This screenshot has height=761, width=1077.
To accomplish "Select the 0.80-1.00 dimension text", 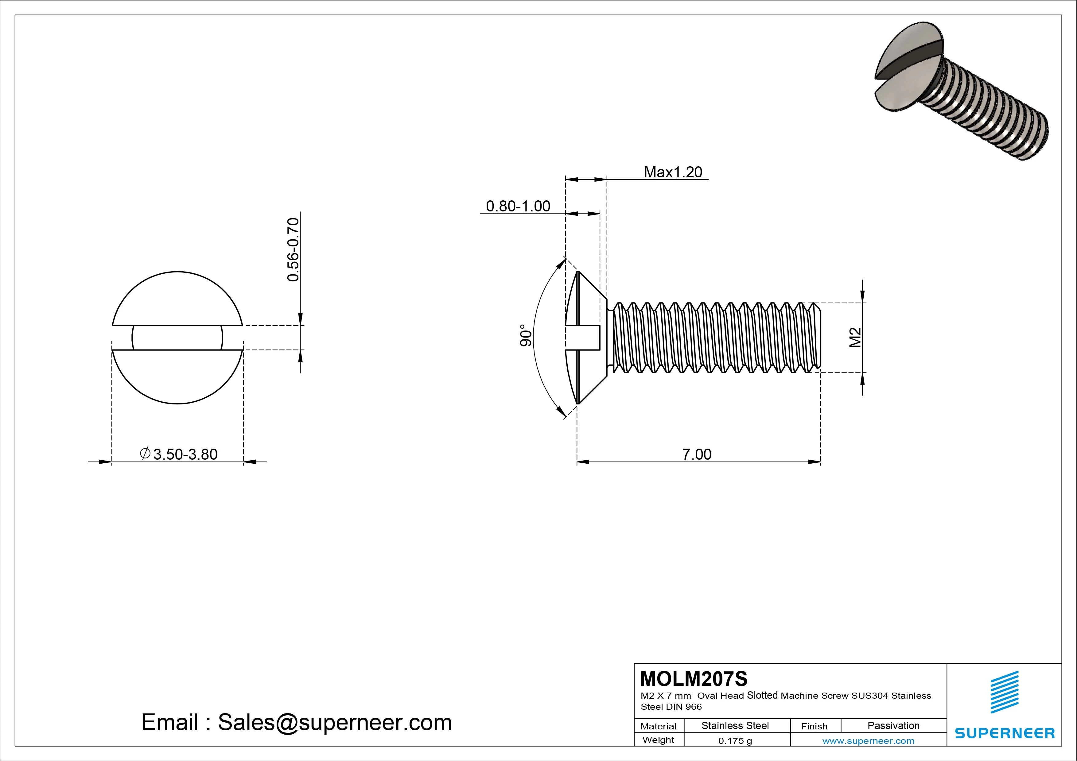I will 518,206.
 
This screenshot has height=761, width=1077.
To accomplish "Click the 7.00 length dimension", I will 697,454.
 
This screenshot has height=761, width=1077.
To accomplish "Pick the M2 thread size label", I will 855,337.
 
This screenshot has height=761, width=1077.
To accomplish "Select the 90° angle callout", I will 526,336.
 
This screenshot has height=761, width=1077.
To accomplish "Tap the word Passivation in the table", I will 893,725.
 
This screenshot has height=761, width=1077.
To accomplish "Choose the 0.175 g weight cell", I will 735,741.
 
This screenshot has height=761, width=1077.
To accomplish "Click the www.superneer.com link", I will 868,741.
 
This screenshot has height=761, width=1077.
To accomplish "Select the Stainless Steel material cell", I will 735,725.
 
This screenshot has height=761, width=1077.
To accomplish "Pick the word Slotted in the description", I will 762,695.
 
